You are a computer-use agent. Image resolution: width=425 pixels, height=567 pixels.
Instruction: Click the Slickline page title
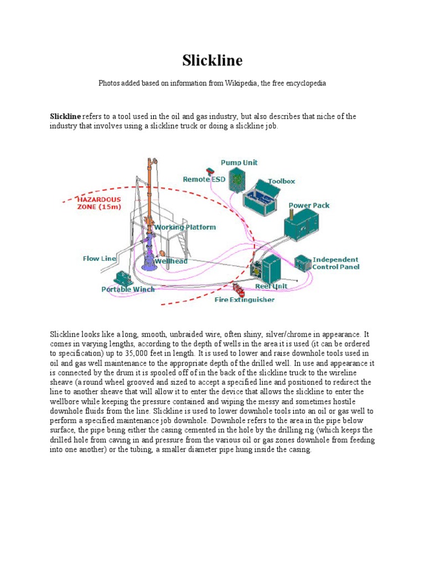click(x=212, y=60)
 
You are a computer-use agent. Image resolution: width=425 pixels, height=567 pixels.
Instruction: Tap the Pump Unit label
click(x=239, y=163)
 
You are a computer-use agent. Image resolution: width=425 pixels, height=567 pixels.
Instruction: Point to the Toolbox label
click(x=282, y=181)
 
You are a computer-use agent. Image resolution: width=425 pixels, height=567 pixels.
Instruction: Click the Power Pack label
click(x=309, y=205)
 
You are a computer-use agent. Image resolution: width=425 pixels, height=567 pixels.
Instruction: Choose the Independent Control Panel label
click(x=335, y=263)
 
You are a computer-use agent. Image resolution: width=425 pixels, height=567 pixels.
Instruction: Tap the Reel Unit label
click(x=271, y=286)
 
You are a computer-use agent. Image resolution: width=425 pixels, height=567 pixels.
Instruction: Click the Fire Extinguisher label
click(x=244, y=300)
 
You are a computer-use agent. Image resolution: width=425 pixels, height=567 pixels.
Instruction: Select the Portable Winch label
click(x=128, y=289)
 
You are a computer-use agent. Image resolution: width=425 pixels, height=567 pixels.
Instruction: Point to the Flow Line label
click(x=99, y=259)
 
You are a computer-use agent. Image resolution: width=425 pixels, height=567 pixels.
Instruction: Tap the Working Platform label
click(x=185, y=228)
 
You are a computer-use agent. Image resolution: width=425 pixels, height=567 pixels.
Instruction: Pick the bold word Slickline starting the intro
click(x=66, y=116)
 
